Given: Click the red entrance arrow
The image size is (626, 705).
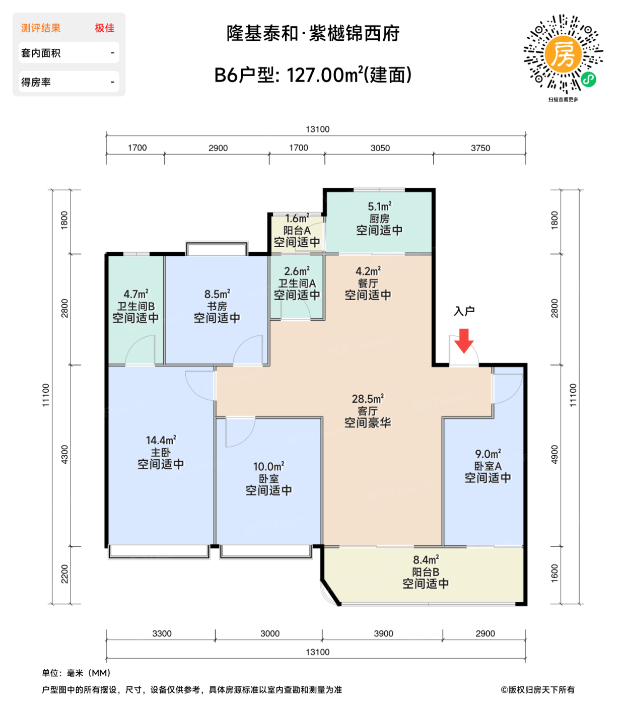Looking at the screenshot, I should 464,340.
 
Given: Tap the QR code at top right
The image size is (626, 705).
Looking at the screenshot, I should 563,54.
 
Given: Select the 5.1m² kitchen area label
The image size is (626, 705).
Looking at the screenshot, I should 379,207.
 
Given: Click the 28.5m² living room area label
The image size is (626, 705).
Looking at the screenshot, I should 368,399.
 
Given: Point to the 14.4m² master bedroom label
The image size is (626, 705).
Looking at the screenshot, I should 161,441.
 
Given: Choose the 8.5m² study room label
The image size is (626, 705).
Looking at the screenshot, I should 217,294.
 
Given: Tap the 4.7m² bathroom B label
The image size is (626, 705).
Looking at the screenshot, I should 136,294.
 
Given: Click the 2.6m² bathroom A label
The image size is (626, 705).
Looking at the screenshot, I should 297,271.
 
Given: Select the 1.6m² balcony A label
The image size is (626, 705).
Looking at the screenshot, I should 297,219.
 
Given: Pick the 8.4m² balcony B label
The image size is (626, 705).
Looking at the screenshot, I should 426,560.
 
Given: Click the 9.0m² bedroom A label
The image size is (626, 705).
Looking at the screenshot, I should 488,454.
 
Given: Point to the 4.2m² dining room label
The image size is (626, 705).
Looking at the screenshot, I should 368,271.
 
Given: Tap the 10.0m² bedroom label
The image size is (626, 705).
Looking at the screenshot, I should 268,467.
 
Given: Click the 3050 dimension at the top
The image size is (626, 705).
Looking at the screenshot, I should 380,148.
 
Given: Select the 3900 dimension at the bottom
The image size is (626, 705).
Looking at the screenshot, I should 383,633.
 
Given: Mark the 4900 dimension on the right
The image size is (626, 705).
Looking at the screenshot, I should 554,455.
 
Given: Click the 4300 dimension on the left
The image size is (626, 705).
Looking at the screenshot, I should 64,455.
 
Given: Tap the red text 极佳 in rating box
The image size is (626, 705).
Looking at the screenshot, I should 105,28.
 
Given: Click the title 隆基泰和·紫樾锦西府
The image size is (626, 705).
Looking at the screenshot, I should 313,34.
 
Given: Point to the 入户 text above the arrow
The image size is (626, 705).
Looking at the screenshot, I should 464,311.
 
